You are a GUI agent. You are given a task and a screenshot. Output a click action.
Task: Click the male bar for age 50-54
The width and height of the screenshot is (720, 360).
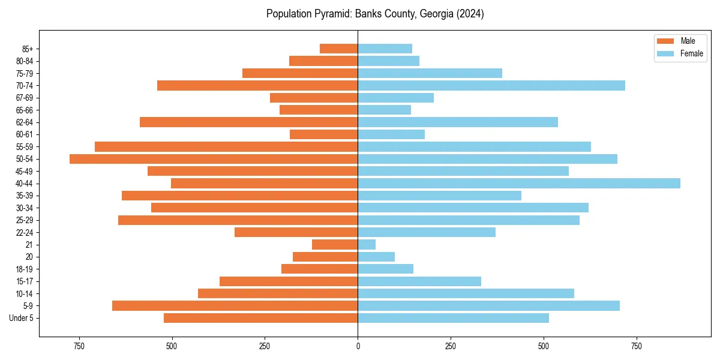tap(214, 159)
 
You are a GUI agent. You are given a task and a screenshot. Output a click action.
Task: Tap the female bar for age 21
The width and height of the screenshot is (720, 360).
tap(367, 245)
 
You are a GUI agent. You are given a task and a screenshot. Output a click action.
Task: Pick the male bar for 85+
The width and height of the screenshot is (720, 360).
tap(338, 49)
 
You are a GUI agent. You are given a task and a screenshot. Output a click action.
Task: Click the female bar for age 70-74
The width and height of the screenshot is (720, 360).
tap(491, 86)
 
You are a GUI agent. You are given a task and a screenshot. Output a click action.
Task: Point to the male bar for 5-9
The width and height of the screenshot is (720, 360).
tap(235, 306)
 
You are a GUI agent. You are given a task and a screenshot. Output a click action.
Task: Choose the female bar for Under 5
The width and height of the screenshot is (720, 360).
tap(453, 318)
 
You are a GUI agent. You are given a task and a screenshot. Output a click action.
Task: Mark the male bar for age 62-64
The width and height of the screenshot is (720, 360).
tap(248, 122)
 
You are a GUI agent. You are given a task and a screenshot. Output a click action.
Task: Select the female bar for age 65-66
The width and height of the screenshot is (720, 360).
tap(384, 110)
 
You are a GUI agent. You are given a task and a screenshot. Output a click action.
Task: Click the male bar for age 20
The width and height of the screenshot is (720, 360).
tap(325, 257)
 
